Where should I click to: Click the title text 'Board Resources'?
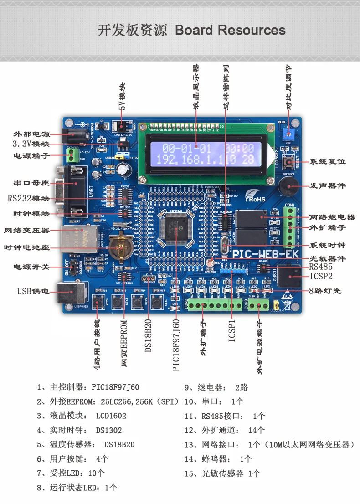coord(230,31)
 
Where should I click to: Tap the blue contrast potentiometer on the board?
coord(288,134)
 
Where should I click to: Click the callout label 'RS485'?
coord(321,267)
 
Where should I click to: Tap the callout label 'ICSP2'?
coord(321,276)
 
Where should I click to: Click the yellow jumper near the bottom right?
coord(275,304)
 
